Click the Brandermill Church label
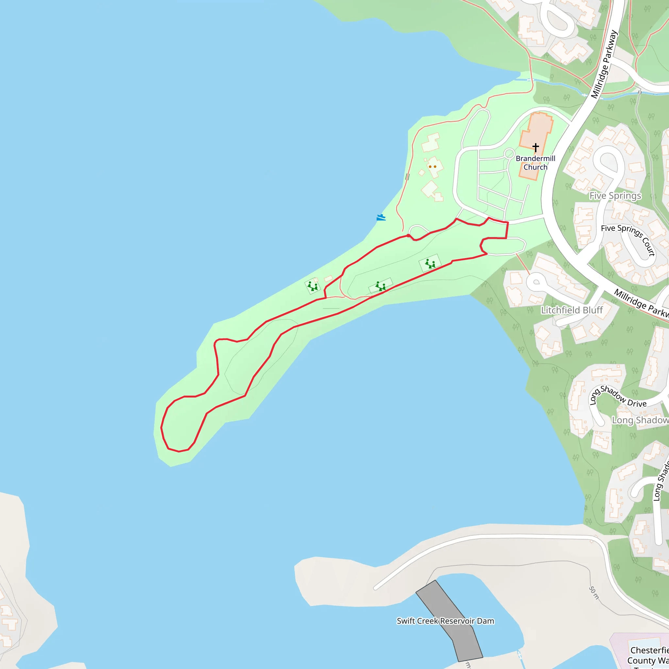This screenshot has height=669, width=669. (535, 163)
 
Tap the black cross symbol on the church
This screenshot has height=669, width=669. (536, 148)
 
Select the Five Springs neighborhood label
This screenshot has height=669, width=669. (615, 196)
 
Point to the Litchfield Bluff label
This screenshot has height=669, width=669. (572, 310)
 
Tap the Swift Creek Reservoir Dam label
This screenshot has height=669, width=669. (445, 621)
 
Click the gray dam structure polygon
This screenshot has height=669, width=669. (450, 620)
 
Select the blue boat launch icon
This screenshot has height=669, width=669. (381, 218)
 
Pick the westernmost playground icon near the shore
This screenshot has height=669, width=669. (313, 286)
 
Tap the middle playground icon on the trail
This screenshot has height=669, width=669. (381, 286)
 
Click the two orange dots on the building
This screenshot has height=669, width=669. (432, 167)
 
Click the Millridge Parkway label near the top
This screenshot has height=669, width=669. (604, 64)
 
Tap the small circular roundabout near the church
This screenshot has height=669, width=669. (509, 154)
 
